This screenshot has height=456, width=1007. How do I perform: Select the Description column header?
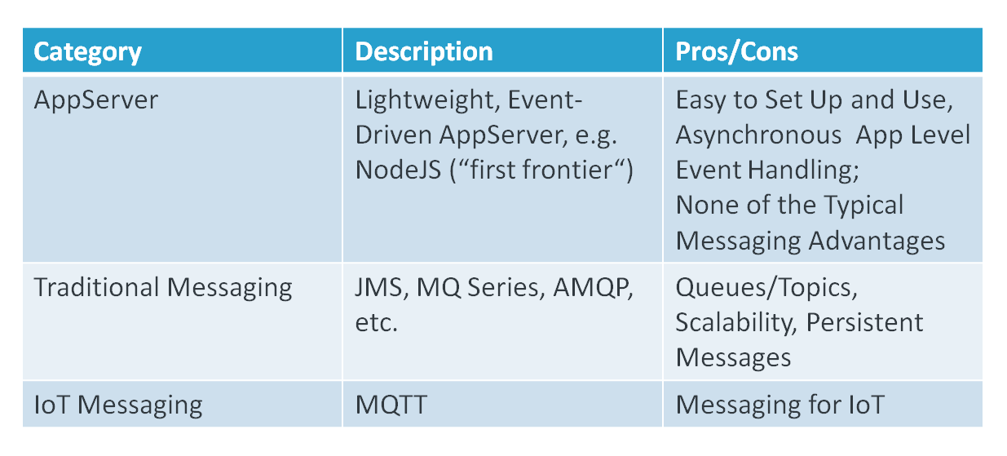[x=424, y=52]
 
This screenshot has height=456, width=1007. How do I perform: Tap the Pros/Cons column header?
[x=737, y=51]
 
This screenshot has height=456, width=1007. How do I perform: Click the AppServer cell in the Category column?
[x=95, y=100]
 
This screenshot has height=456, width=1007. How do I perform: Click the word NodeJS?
[x=398, y=170]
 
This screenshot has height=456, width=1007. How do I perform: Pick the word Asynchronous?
[x=758, y=135]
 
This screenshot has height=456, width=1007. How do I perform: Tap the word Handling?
[x=803, y=170]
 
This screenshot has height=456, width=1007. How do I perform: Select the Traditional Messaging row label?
[x=163, y=288]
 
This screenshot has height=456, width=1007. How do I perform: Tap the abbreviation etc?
[x=376, y=324]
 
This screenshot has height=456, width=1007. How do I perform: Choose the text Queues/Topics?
[x=766, y=288]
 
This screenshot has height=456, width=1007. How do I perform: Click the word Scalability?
[x=736, y=323]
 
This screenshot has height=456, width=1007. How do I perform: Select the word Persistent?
[x=864, y=323]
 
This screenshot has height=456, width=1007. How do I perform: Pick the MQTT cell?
[x=391, y=405]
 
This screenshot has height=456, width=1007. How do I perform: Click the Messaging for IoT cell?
[x=780, y=405]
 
